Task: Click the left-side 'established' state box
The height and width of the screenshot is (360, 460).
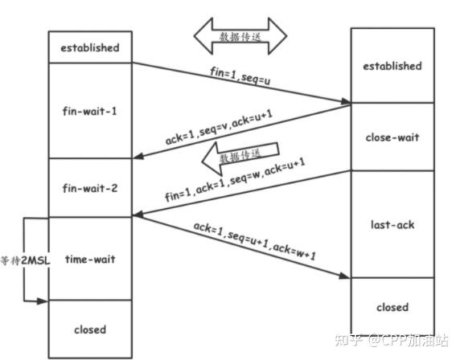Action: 89,47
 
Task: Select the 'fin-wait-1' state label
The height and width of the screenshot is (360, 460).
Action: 89,110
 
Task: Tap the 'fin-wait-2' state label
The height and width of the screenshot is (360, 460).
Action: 89,188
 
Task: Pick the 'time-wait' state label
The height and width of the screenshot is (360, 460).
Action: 89,259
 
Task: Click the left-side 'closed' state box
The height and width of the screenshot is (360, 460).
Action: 89,329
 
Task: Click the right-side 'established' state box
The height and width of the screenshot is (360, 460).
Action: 392,66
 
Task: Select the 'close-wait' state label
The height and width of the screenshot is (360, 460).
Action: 392,137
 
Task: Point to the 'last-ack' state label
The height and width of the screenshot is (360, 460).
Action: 392,225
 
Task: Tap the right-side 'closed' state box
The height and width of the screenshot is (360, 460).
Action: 392,307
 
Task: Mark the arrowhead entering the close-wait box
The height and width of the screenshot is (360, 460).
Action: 347,101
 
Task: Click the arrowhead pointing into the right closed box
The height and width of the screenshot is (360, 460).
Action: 347,278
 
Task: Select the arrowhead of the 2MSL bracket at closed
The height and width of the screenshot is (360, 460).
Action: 45,301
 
